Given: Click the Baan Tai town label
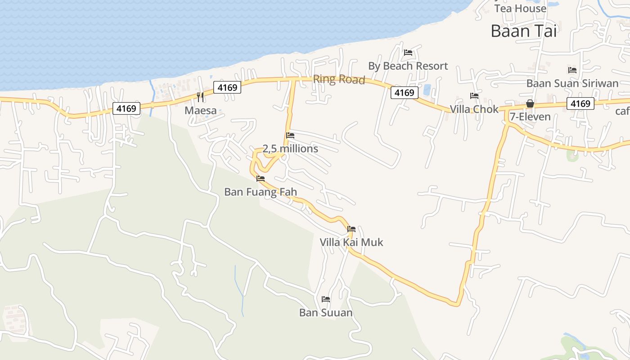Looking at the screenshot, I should [x=524, y=31].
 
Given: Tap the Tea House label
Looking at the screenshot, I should [x=520, y=8].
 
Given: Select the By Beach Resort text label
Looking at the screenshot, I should [x=408, y=66].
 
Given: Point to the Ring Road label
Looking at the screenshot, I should [x=339, y=79].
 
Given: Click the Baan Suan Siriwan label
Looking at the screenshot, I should [x=572, y=83].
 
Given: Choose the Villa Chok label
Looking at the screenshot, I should [x=474, y=109].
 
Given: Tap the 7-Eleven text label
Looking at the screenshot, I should [x=530, y=117].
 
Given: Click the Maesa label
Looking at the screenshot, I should [x=201, y=110].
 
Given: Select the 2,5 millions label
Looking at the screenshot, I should [x=290, y=148].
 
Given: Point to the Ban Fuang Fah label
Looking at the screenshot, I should [x=261, y=192].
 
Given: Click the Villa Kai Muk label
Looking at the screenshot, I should [x=351, y=242].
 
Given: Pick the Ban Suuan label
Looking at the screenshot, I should [x=326, y=312].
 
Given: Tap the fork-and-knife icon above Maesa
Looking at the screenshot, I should [x=201, y=97].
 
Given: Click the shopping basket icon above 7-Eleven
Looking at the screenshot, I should [x=530, y=103].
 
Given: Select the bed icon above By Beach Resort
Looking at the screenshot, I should [x=408, y=53].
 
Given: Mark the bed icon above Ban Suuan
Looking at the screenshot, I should [x=326, y=299].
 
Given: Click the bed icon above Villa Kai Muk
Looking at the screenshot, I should [x=351, y=229].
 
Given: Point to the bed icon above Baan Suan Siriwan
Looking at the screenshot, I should [x=572, y=70].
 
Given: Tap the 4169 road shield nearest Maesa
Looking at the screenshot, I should [x=227, y=87].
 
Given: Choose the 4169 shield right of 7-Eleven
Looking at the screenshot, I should [x=580, y=103].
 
